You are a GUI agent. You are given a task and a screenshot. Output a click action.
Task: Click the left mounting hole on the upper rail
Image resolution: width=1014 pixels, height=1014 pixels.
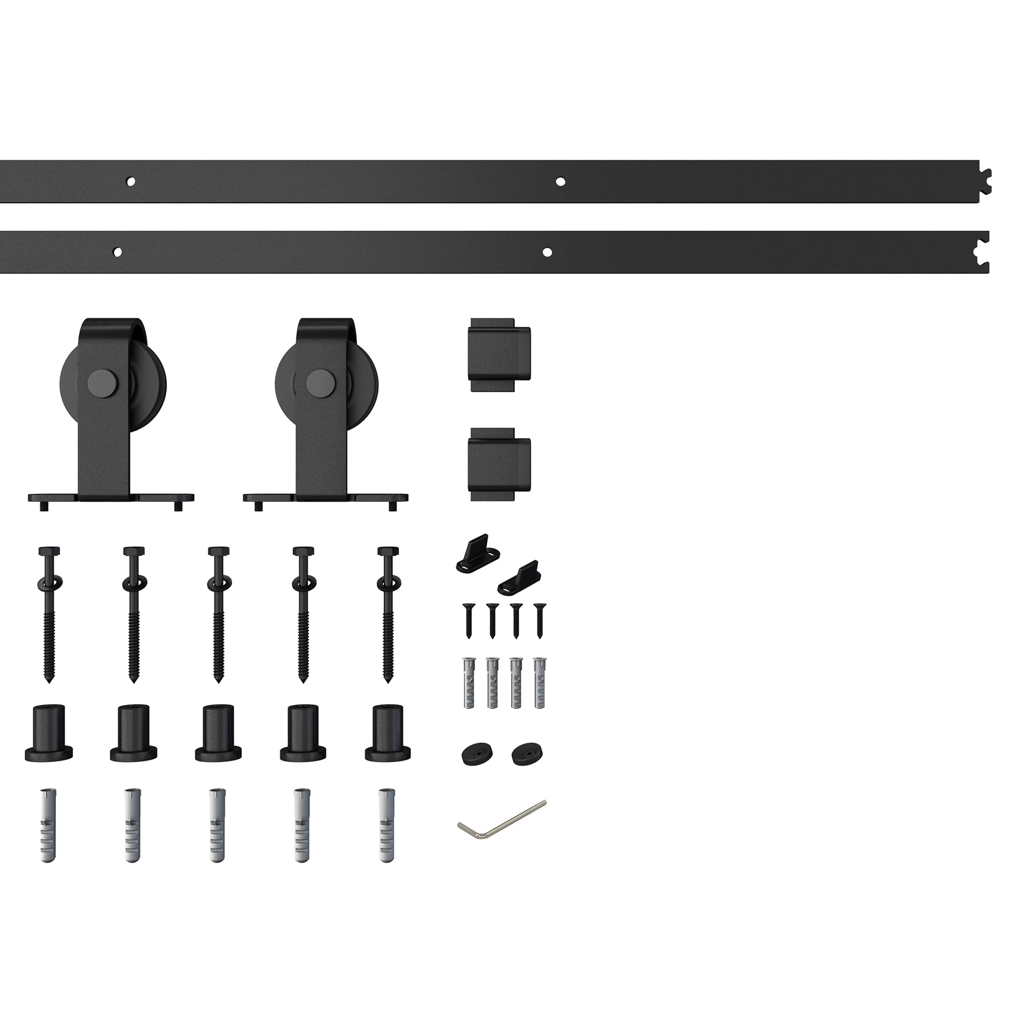coord(131,182)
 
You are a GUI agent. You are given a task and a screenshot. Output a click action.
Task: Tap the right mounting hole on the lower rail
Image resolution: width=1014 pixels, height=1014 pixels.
coord(547,252)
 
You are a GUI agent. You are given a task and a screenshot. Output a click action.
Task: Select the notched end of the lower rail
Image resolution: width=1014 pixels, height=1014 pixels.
coord(982,252)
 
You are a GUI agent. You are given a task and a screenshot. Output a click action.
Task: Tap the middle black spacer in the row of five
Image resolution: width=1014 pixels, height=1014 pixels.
coord(218,732)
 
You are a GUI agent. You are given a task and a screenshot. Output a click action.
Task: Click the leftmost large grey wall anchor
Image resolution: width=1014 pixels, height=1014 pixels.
coord(48,825)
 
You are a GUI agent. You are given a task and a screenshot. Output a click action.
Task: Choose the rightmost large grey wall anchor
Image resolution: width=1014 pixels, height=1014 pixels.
coord(387,825)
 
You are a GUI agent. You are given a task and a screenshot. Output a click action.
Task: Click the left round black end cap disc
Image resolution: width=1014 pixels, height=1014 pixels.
coord(478,755)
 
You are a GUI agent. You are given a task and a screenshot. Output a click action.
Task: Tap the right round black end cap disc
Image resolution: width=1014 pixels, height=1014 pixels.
coord(527,755)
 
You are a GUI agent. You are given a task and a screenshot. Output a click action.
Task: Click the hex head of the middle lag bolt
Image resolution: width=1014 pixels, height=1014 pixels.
coord(219,552)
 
